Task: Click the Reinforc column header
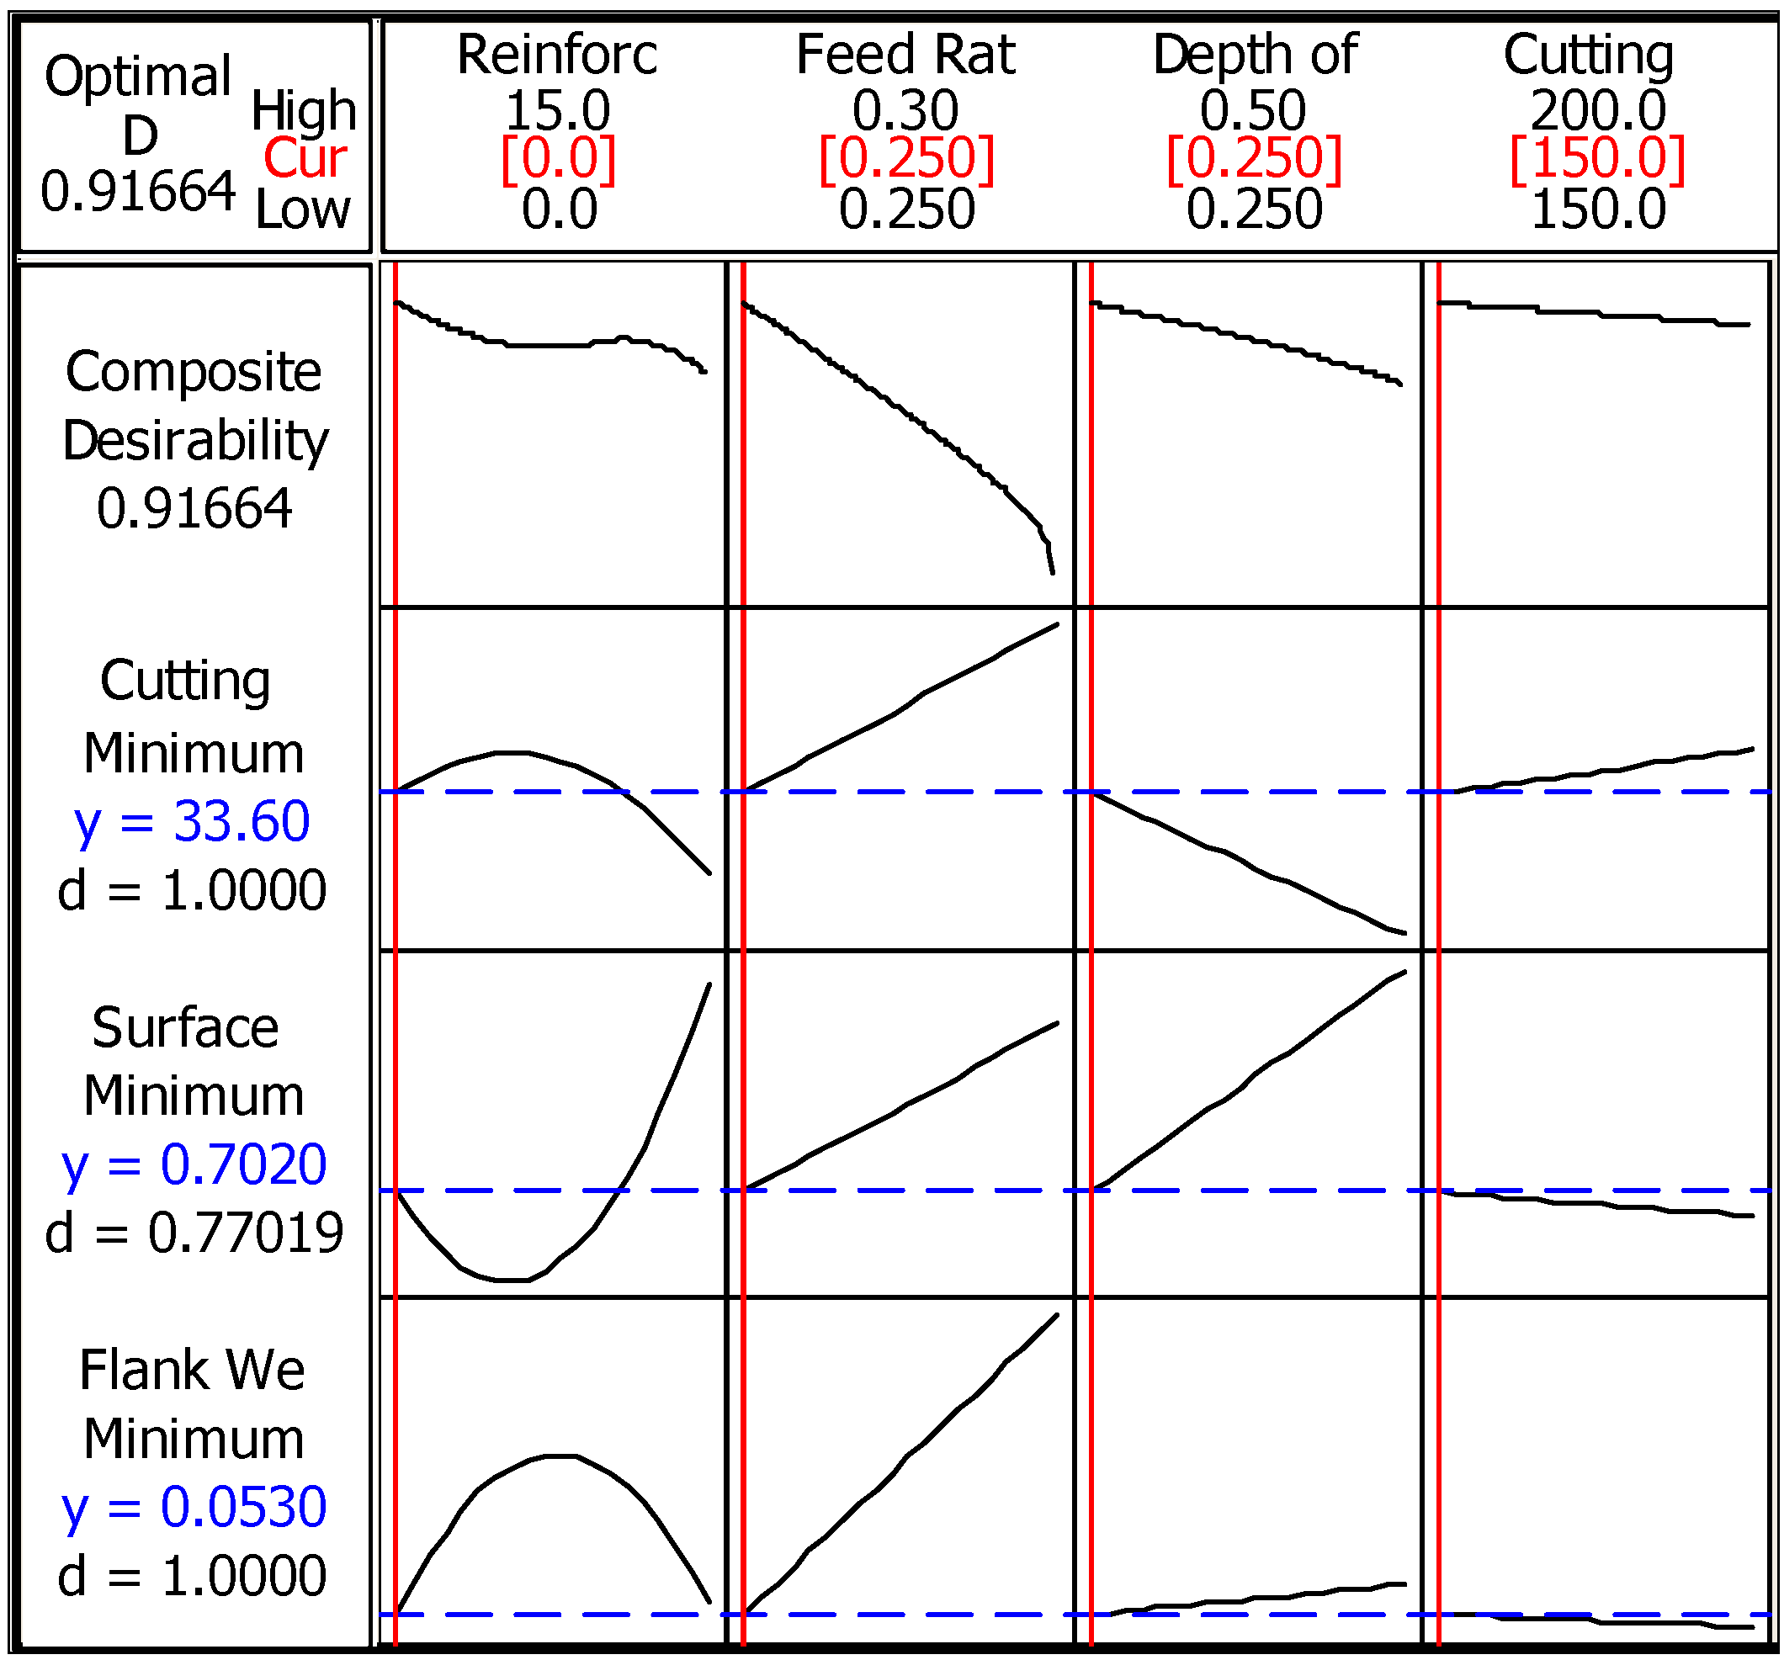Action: (556, 54)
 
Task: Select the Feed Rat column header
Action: (905, 54)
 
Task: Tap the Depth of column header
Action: (1255, 54)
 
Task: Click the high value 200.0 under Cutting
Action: (1597, 110)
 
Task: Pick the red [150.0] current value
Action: (1597, 159)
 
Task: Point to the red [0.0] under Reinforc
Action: (558, 159)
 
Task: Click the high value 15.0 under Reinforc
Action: (557, 110)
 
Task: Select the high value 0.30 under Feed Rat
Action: (905, 110)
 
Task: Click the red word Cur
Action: (305, 159)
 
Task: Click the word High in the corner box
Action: (303, 110)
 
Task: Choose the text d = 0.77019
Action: (194, 1232)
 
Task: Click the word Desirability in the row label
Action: (195, 441)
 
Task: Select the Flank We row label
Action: (192, 1371)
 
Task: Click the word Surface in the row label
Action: (185, 1027)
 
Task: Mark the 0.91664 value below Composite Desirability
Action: (194, 509)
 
